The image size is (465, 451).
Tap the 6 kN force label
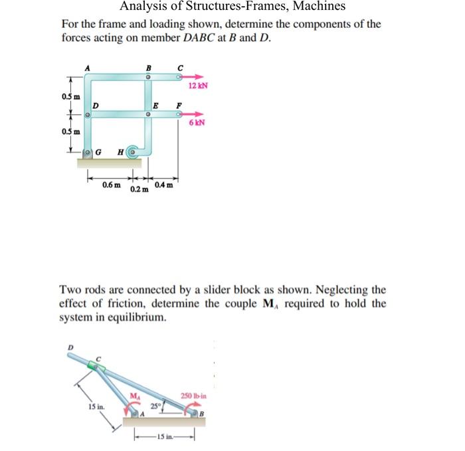coord(196,123)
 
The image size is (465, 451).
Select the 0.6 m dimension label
coord(112,185)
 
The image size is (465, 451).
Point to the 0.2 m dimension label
coord(139,190)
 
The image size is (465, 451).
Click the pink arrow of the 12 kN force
coord(193,77)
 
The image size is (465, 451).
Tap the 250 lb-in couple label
coord(195,397)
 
